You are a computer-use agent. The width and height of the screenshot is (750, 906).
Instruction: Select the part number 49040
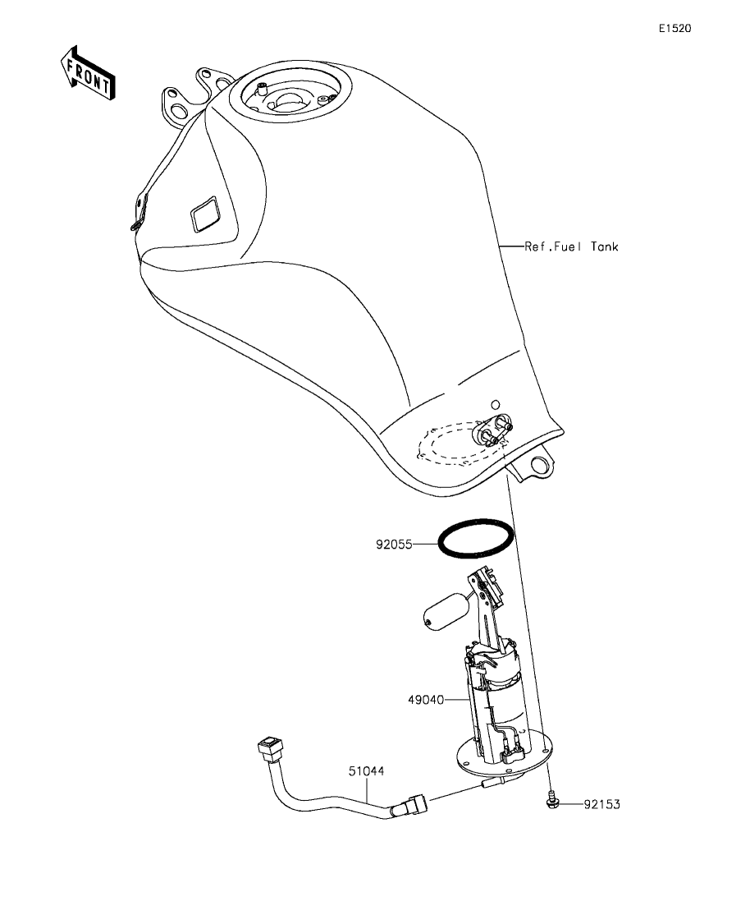[427, 701]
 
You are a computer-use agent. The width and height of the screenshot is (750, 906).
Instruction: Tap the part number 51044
[366, 771]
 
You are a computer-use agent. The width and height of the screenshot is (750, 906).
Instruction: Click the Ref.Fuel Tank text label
[571, 246]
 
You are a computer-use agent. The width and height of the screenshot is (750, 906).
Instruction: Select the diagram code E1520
[675, 28]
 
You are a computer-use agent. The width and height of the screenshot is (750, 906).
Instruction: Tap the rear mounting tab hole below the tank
[540, 467]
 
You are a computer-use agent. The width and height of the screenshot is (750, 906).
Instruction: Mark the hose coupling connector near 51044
[408, 803]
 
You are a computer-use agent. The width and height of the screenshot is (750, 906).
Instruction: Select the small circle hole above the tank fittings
[495, 404]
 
